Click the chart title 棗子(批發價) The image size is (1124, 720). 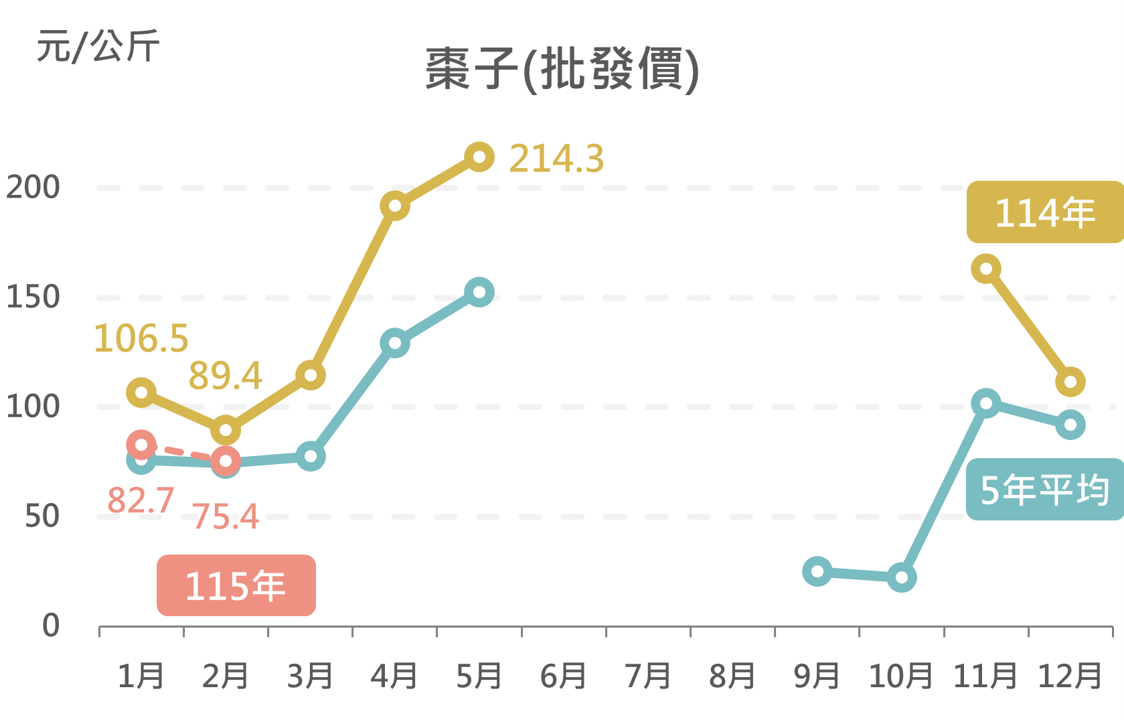562,69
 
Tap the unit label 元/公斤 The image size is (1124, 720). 98,47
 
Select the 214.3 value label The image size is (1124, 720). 556,159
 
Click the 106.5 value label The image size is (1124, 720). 141,338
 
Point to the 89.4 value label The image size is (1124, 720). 225,376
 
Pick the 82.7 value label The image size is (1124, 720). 141,500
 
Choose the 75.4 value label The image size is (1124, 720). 226,516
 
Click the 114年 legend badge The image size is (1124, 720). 1044,212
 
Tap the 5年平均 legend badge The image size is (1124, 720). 1044,490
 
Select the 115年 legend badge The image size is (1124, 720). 236,585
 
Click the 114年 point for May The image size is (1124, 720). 479,157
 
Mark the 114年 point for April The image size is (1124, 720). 395,206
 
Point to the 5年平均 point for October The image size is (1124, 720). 902,577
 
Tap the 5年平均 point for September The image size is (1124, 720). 817,571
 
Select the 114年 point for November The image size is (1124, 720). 986,269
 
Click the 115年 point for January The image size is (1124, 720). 141,445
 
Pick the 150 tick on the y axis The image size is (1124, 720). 33,297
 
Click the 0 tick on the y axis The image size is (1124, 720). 51,626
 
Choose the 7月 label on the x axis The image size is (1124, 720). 648,676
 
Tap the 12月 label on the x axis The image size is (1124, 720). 1070,676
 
